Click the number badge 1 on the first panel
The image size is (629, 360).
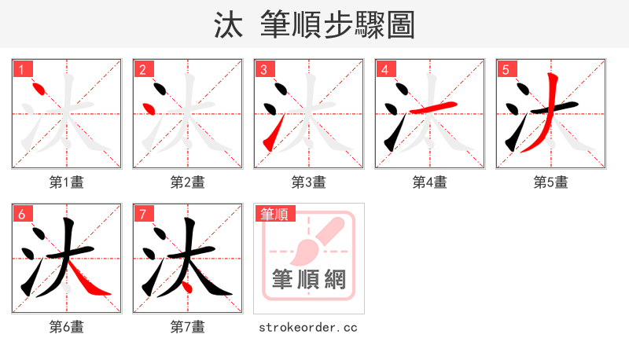point(21,69)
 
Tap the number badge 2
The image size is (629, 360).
point(142,69)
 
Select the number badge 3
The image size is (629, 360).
point(263,69)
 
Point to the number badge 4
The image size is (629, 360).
point(384,69)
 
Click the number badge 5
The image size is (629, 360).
point(506,69)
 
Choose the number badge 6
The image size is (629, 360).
point(21,214)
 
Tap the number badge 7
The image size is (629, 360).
point(142,214)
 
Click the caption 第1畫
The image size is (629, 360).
point(67,182)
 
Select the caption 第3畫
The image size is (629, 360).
point(309,182)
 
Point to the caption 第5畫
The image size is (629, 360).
point(551,182)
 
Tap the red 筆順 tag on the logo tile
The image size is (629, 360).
point(274,214)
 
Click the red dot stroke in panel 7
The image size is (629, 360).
point(186,287)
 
